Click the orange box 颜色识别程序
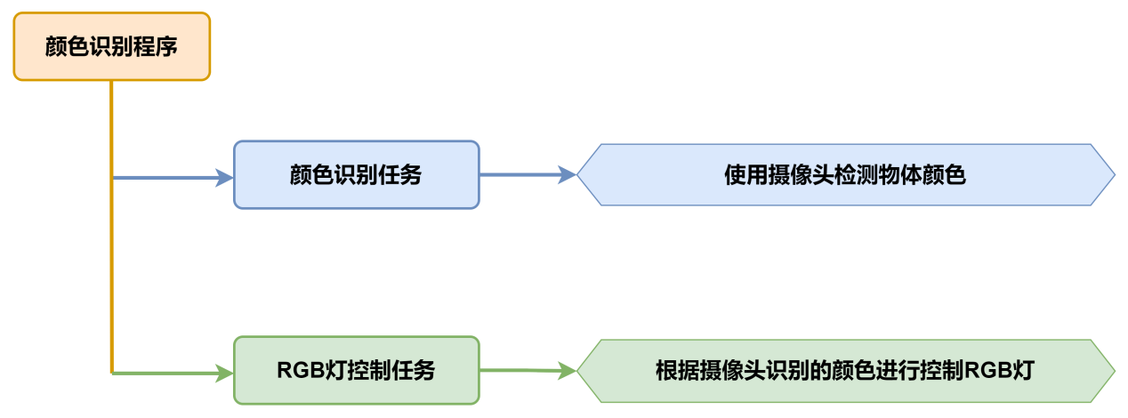coord(111,46)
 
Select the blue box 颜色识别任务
coord(356,175)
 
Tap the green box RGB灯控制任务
coord(356,370)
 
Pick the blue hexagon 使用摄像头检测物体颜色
coord(845,175)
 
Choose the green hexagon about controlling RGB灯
coord(845,371)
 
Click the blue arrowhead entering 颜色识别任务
coord(223,178)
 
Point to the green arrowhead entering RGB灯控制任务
coord(223,373)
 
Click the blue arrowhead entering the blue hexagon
coord(567,175)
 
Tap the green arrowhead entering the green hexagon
coord(567,371)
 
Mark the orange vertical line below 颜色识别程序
coord(111,222)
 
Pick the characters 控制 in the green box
coord(370,371)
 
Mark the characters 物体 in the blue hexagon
coord(901,175)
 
